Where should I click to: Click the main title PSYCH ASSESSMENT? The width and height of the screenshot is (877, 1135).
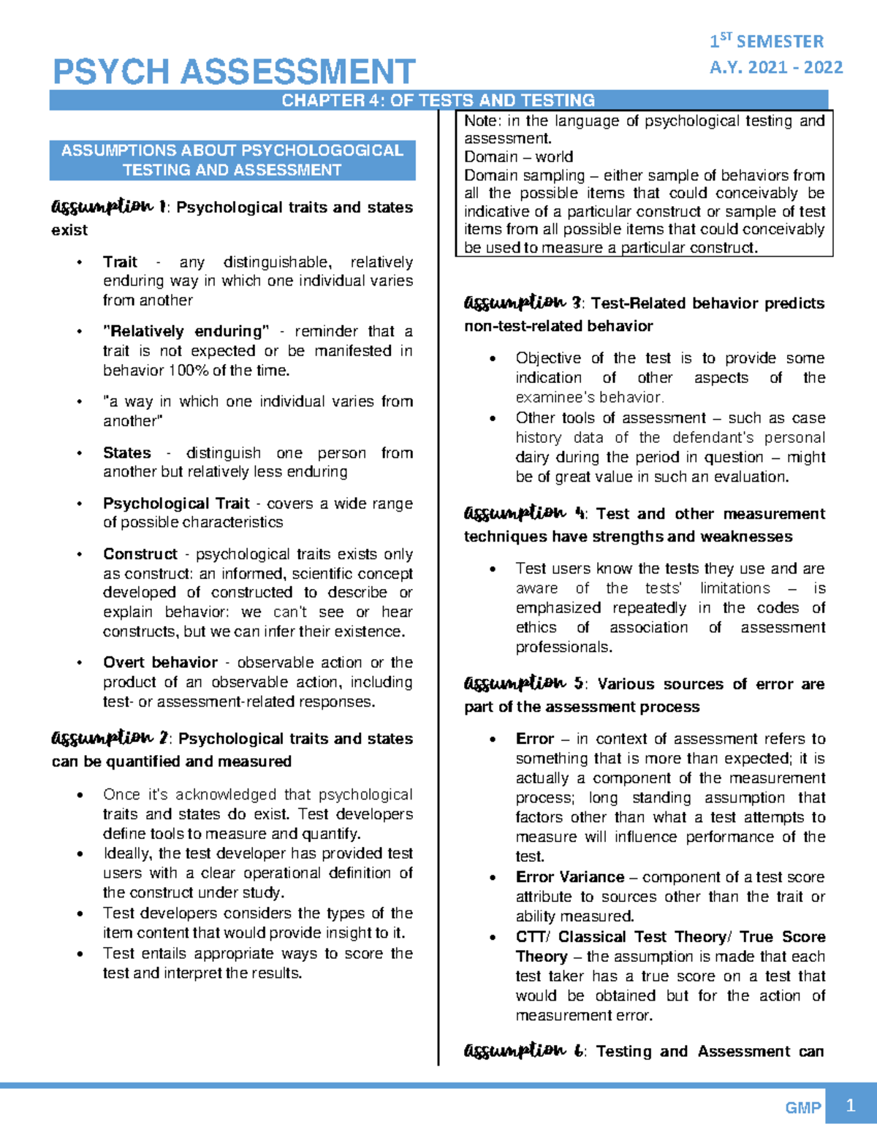coord(234,72)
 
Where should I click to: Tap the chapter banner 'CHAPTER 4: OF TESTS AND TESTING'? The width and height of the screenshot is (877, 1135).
coord(438,100)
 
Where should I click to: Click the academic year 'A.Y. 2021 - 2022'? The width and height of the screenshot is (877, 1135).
coord(775,67)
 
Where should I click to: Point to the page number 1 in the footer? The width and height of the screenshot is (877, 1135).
coord(849,1106)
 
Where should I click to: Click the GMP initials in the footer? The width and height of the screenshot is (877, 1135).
coord(802,1108)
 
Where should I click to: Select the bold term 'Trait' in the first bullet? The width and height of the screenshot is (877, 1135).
coord(120,262)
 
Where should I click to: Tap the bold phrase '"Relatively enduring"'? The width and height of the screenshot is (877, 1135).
coord(186,331)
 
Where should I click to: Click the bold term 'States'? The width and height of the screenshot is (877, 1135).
coord(126,452)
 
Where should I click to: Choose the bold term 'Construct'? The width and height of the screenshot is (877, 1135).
coord(140,554)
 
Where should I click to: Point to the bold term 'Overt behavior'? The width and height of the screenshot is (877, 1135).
coord(160,662)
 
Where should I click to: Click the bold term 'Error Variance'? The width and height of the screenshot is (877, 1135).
coord(569,877)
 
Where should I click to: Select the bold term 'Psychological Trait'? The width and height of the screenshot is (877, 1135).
coord(176,504)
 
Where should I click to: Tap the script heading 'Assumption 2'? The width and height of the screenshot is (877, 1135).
coord(110,738)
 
